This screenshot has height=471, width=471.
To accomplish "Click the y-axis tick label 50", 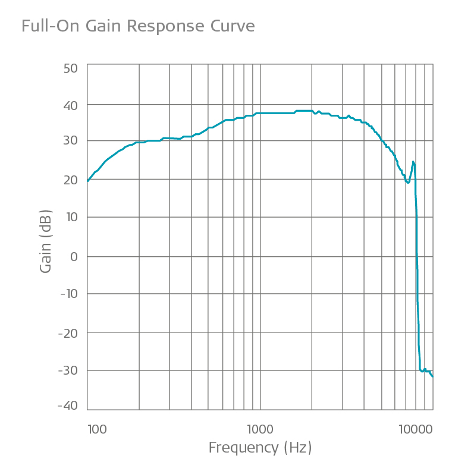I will [x=70, y=68].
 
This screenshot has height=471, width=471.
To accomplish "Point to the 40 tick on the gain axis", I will [x=70, y=106].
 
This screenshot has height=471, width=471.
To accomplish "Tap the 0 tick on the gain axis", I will [x=74, y=256].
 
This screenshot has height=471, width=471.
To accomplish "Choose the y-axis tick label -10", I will [x=68, y=294].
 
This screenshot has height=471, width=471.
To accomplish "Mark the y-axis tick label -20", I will [x=68, y=332].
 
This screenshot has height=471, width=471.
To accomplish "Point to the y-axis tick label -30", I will [x=68, y=369].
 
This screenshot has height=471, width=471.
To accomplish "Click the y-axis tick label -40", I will [x=68, y=406].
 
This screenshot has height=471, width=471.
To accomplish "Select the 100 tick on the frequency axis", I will [x=96, y=428].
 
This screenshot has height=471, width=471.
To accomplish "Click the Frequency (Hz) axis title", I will [x=260, y=448].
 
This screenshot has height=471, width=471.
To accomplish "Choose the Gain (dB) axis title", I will [x=46, y=241].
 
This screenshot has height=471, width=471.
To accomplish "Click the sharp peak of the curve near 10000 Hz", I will [x=413, y=162].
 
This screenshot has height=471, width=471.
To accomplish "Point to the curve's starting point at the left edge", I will [x=88, y=181].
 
